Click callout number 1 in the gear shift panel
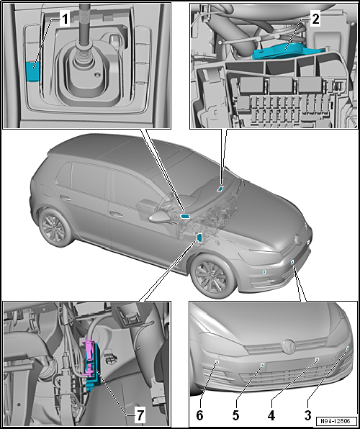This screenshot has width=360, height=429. (64, 19)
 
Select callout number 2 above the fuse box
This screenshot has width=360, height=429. (315, 19)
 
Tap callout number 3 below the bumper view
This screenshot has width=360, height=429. (308, 415)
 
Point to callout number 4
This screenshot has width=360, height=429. (271, 415)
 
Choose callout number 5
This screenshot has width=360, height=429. (235, 415)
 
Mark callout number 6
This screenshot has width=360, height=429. (199, 415)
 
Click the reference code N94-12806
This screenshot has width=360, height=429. (336, 420)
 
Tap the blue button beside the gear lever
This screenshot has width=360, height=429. (32, 71)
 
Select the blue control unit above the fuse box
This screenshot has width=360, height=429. (287, 51)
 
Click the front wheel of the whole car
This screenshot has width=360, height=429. (214, 276)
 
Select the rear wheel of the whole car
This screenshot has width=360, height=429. (54, 227)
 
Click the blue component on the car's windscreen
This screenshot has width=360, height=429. (220, 189)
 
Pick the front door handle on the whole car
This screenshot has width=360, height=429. (117, 215)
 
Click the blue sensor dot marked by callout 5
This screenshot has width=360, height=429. (262, 365)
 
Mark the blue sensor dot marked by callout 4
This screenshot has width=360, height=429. (318, 359)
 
